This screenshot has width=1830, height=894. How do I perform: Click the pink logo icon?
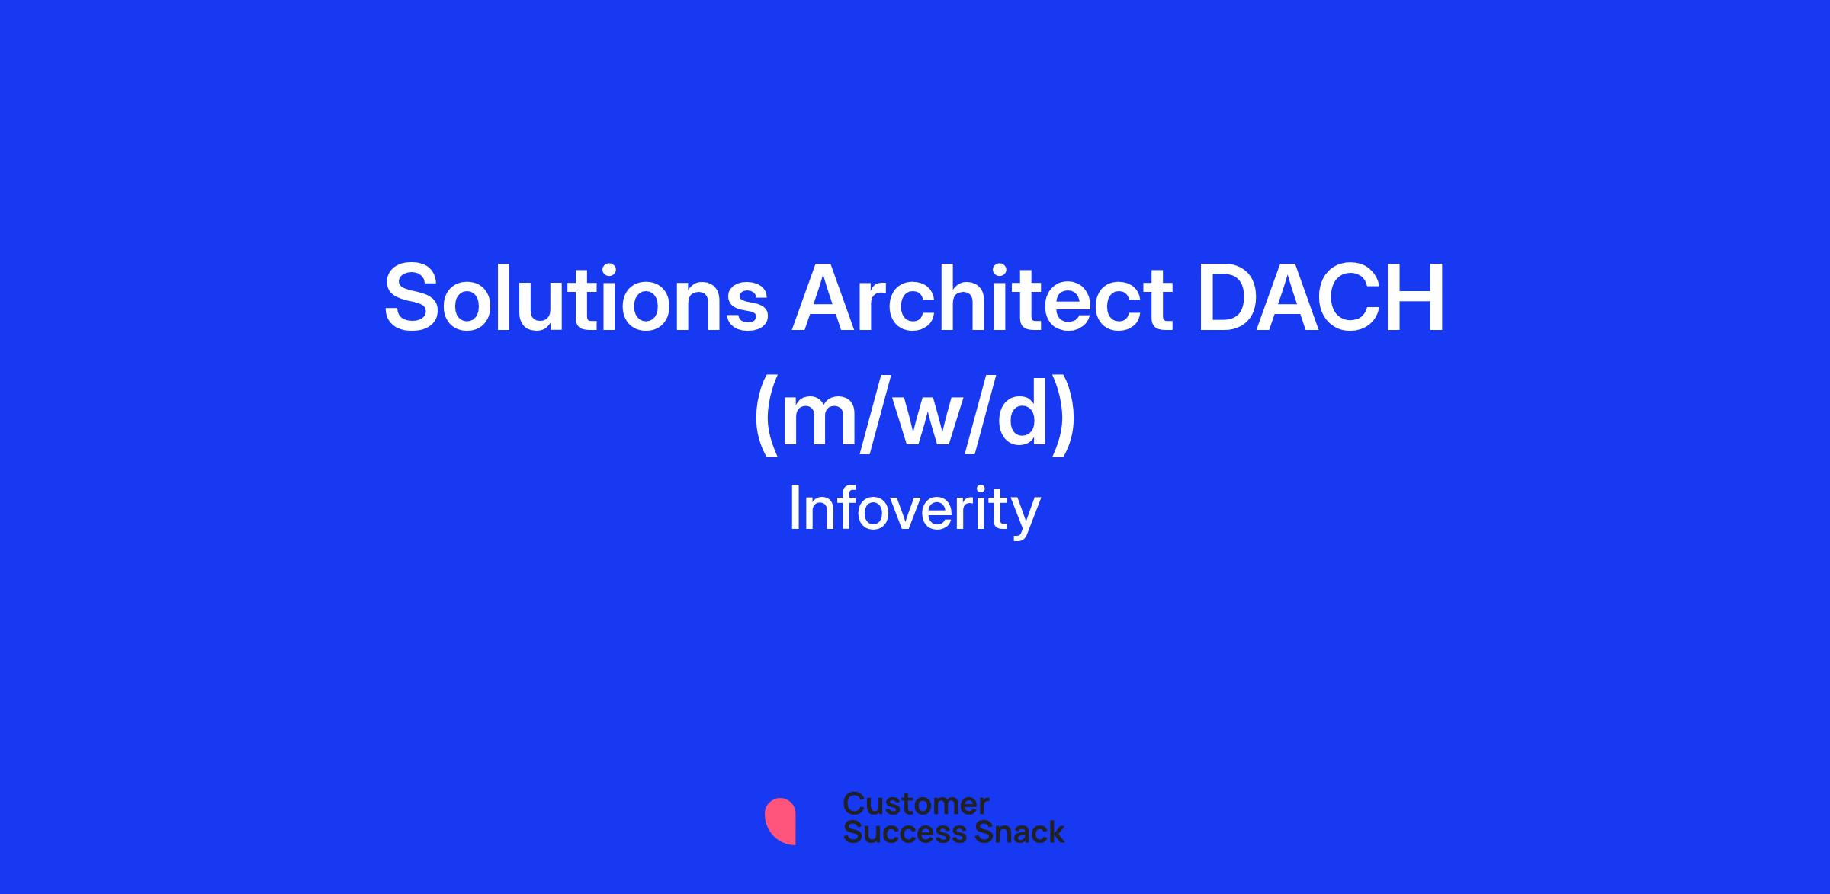tap(780, 822)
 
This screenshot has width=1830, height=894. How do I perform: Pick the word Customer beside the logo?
tap(916, 803)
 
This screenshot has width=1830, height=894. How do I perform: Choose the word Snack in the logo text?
tap(1010, 832)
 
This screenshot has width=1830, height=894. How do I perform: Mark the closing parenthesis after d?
tap(1064, 415)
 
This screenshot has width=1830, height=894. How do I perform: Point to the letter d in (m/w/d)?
tap(1020, 415)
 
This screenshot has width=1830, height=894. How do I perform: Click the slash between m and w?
tap(878, 415)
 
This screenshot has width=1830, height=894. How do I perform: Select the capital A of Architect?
tap(829, 297)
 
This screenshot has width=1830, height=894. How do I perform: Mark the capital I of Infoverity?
tap(795, 508)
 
